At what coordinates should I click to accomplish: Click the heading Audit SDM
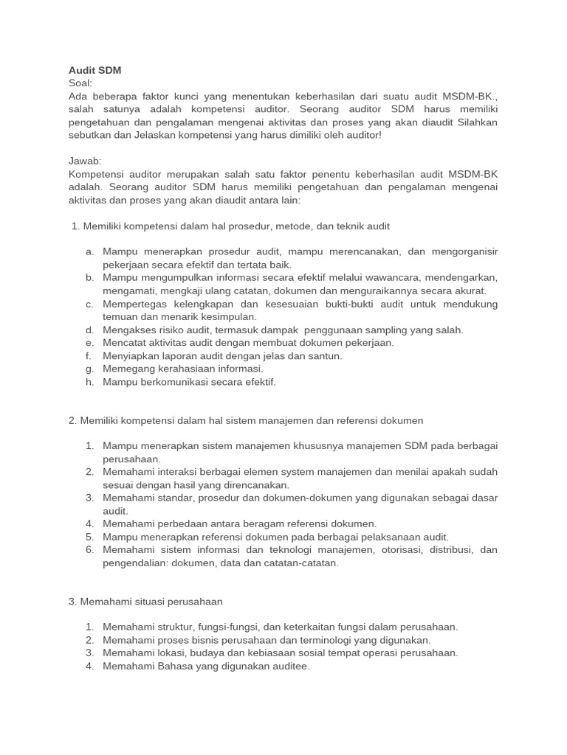[94, 70]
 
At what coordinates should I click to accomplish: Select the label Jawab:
[84, 161]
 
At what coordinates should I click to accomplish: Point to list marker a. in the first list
[89, 252]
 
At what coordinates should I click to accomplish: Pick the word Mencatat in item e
[124, 343]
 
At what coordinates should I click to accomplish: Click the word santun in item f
[326, 355]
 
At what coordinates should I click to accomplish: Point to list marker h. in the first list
[89, 382]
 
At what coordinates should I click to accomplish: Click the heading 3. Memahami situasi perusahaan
[145, 602]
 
